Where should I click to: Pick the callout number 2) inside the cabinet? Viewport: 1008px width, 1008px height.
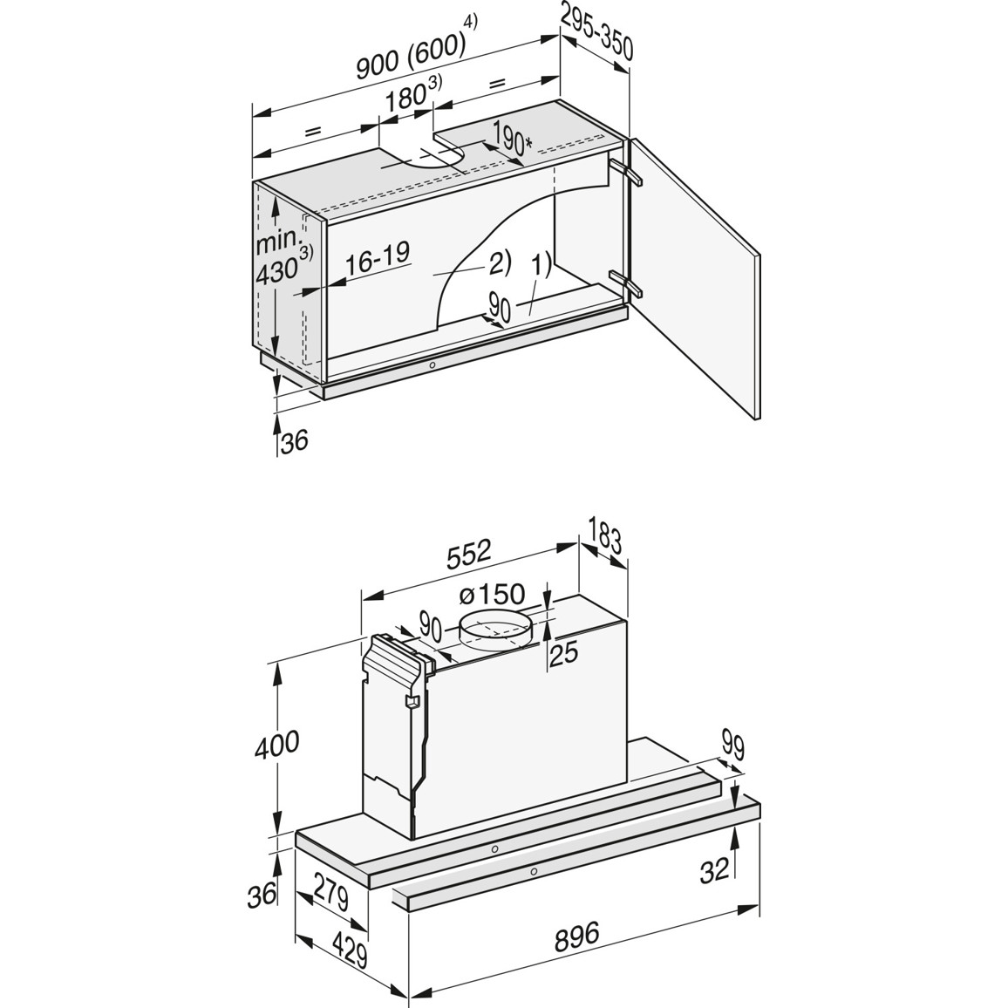[499, 261]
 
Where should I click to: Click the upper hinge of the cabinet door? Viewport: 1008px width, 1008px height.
[627, 171]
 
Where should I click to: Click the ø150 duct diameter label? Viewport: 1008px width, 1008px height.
[491, 596]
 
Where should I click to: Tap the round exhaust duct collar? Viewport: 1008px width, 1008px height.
[495, 630]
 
